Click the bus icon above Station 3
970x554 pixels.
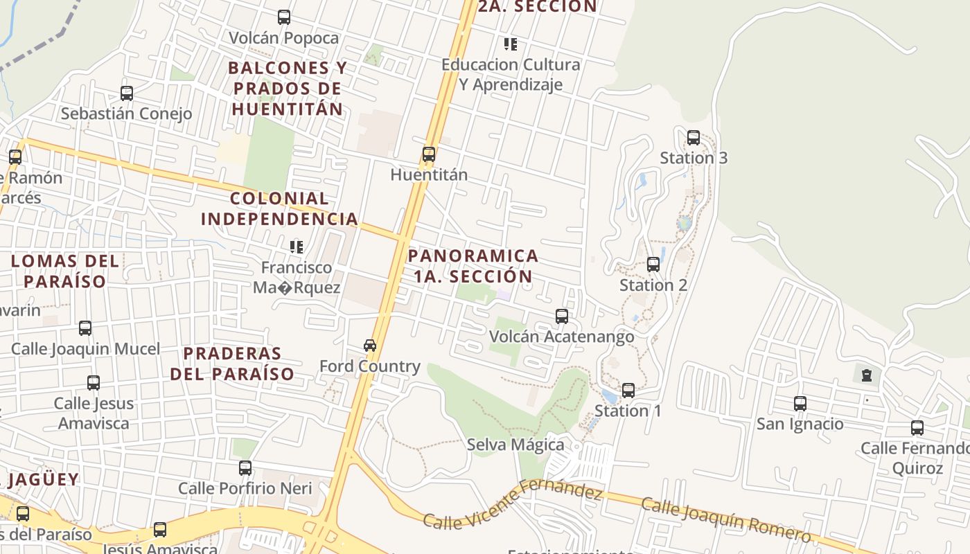(x=693, y=138)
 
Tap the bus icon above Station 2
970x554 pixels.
(x=653, y=265)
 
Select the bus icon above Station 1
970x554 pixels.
(x=628, y=391)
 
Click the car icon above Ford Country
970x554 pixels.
(x=370, y=346)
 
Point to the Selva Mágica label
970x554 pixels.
(x=515, y=445)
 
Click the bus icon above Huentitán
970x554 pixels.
(x=429, y=154)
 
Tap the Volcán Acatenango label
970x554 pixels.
(x=561, y=337)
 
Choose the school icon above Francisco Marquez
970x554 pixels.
(x=297, y=247)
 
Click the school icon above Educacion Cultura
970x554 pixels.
(x=511, y=45)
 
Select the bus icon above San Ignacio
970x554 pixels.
(x=800, y=404)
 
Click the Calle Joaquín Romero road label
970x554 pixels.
(x=725, y=519)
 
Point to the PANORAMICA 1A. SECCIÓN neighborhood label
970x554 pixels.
(x=473, y=266)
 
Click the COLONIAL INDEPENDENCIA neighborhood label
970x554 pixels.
(x=280, y=208)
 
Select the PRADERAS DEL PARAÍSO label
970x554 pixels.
(x=232, y=364)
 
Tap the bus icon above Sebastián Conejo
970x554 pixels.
(x=126, y=93)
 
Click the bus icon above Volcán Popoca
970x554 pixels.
(x=283, y=17)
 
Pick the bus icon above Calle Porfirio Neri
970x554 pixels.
(x=245, y=468)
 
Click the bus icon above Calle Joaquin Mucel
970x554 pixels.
(x=85, y=328)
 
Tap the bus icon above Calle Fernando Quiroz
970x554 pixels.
(x=917, y=428)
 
